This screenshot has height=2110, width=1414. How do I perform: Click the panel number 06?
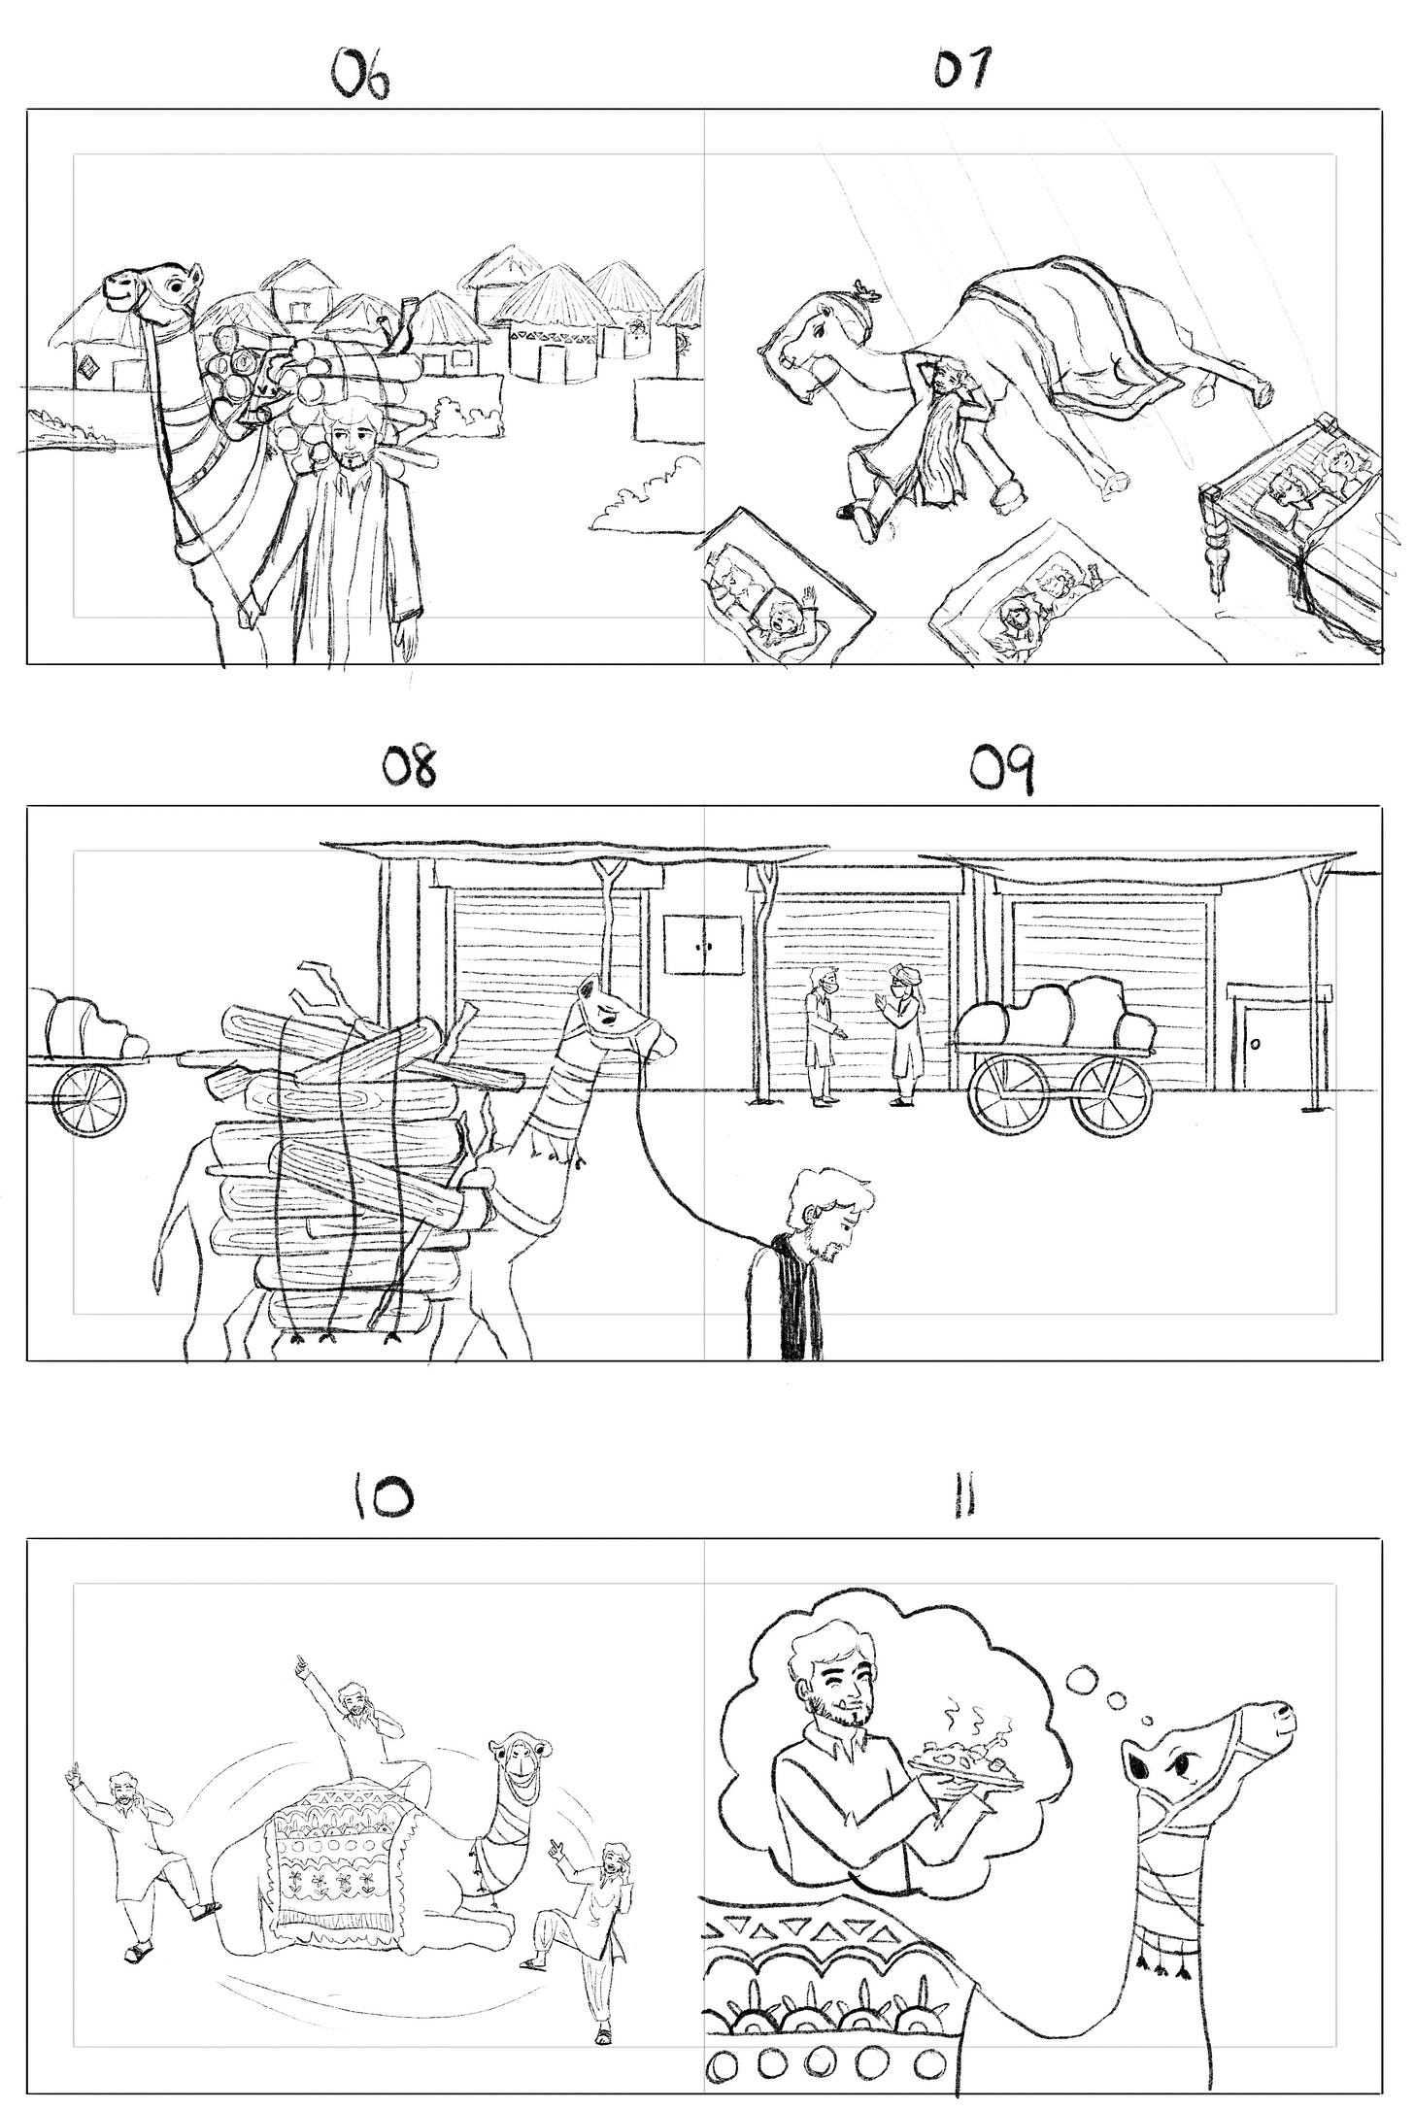point(361,76)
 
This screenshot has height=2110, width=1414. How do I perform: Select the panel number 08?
point(409,766)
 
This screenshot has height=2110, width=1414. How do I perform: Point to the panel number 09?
point(1003,772)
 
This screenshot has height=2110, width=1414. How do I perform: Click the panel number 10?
point(382,1496)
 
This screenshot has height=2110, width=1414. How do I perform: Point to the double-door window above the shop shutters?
point(703,943)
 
